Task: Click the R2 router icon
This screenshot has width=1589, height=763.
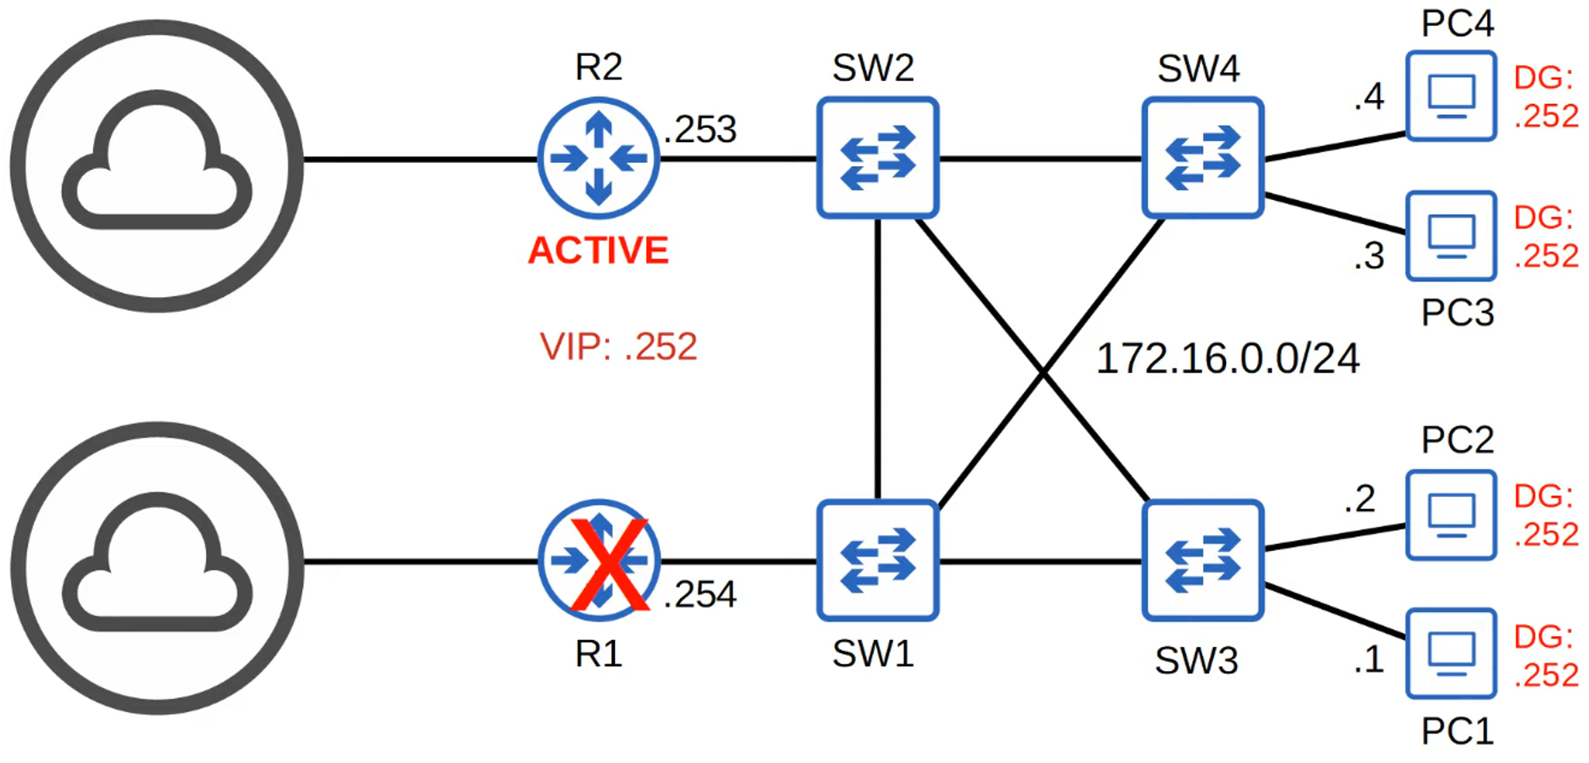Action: point(598,158)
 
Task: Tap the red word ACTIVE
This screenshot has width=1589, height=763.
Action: point(598,251)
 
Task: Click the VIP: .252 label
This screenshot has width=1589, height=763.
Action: point(618,347)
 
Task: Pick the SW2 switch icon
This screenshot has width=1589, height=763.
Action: point(878,158)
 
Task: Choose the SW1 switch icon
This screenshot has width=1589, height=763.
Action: point(878,561)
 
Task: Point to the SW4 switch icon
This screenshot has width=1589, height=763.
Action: point(1202,158)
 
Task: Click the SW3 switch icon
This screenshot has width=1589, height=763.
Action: point(1202,561)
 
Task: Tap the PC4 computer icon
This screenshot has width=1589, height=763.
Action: point(1451,96)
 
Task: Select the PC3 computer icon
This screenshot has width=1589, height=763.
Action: point(1451,236)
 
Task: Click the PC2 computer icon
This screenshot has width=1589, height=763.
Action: point(1451,515)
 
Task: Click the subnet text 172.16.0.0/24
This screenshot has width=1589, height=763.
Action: point(1228,359)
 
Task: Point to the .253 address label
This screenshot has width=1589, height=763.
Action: point(700,129)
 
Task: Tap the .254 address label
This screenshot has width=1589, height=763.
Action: point(700,595)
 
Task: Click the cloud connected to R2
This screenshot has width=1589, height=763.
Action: point(157,166)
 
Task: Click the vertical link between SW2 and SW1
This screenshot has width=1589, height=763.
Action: point(878,357)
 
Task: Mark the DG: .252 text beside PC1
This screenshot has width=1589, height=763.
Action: point(1545,656)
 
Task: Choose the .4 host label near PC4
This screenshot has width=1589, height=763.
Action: point(1369,98)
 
